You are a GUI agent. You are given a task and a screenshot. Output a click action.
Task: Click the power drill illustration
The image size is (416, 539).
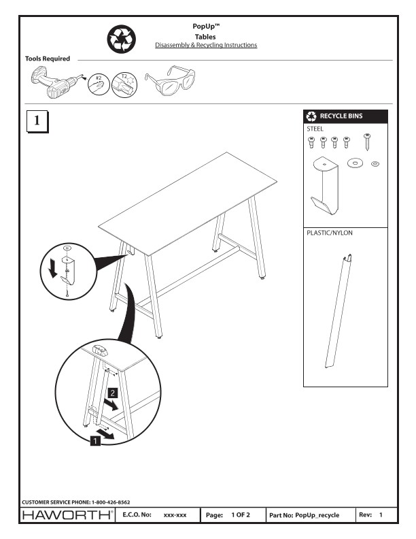[54, 83]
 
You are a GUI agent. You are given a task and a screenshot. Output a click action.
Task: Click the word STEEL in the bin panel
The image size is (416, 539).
[315, 128]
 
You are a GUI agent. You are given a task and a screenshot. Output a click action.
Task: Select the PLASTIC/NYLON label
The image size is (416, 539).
[330, 233]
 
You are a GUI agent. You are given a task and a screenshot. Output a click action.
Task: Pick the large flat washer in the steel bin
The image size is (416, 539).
[355, 163]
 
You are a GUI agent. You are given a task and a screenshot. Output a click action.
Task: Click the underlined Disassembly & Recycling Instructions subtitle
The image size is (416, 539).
[206, 45]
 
